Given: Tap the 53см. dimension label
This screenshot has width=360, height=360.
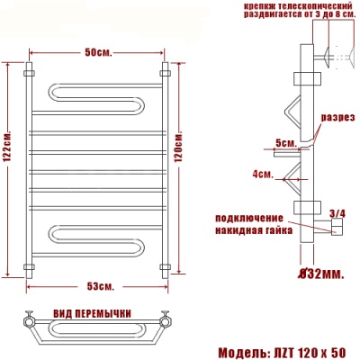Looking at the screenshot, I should tap(99, 286).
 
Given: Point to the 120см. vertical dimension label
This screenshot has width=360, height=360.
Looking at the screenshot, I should tap(179, 144).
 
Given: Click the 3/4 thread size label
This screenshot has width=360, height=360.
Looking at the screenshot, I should tap(337, 212).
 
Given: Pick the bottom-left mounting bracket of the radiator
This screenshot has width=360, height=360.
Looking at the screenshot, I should tap(30, 265).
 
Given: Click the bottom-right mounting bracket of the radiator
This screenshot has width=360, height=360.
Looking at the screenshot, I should tap(166, 265).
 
